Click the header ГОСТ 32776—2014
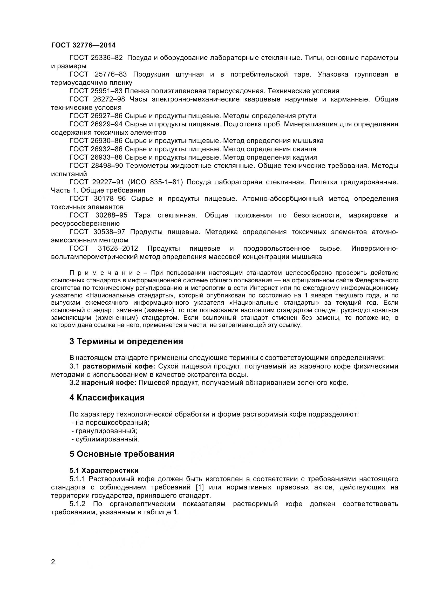pos(83,45)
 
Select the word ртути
pos(307,116)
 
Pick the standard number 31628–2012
pos(118,249)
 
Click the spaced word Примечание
pos(105,273)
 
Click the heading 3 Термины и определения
pos(126,341)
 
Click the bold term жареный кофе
pos(109,383)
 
